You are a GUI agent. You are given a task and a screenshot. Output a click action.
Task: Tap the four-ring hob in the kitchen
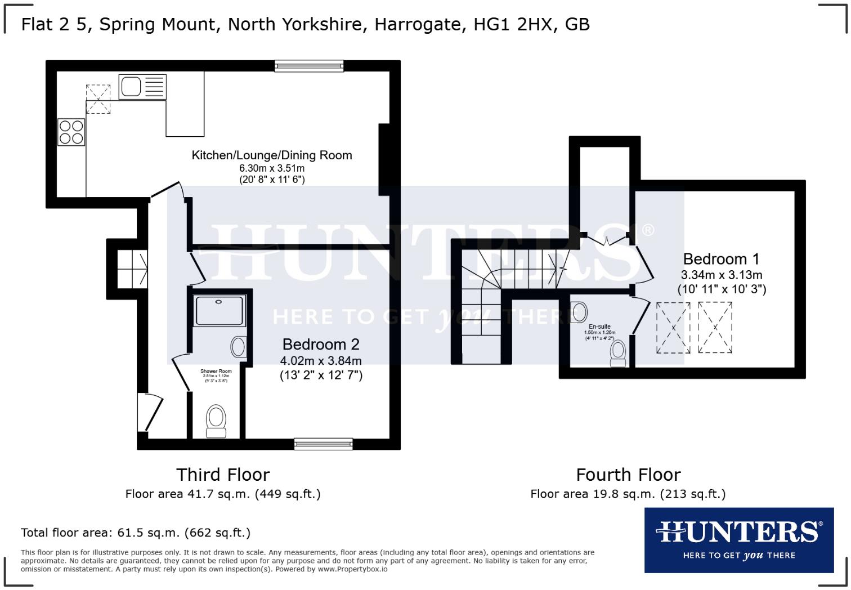pyautogui.click(x=71, y=132)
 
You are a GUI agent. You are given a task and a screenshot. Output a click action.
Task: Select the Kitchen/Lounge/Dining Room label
pyautogui.click(x=272, y=155)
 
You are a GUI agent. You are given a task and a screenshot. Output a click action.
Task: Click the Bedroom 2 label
pyautogui.click(x=321, y=345)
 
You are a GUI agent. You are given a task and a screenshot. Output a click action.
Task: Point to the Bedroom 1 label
pyautogui.click(x=721, y=259)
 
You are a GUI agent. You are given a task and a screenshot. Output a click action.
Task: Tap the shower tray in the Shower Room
pyautogui.click(x=220, y=311)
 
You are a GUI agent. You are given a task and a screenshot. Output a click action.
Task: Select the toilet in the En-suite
pyautogui.click(x=619, y=351)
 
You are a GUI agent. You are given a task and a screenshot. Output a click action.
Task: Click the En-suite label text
pyautogui.click(x=599, y=327)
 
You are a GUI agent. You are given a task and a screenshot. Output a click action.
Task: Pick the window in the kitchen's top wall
pyautogui.click(x=309, y=66)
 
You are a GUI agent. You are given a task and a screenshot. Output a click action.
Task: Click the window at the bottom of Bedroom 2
pyautogui.click(x=323, y=444)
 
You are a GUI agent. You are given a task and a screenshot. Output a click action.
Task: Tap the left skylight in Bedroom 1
pyautogui.click(x=673, y=328)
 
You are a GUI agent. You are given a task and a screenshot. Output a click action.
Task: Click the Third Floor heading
pyautogui.click(x=223, y=475)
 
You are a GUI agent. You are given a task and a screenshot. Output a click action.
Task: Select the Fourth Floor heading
pyautogui.click(x=628, y=475)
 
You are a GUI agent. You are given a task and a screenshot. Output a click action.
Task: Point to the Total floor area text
pyautogui.click(x=136, y=533)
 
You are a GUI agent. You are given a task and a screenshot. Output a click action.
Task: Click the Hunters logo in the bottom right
pyautogui.click(x=738, y=540)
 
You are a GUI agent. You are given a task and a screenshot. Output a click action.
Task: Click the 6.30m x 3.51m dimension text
pyautogui.click(x=272, y=168)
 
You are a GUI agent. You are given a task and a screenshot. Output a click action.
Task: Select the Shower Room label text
pyautogui.click(x=216, y=372)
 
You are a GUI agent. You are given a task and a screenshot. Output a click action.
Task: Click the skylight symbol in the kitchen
pyautogui.click(x=98, y=99)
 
